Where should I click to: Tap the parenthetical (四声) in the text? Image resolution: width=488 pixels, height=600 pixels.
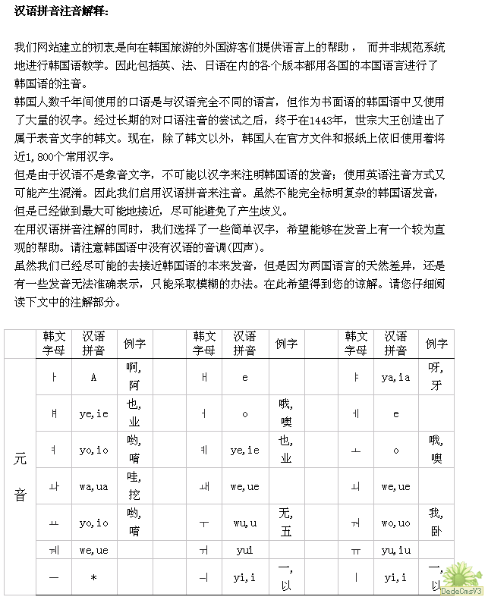tap(247, 248)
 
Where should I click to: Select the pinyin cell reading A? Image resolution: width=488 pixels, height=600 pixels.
tap(93, 377)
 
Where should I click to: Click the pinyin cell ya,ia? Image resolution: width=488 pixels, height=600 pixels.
tap(395, 377)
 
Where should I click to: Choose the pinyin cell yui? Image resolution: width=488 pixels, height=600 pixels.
tap(244, 550)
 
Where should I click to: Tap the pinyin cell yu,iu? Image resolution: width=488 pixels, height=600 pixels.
tap(395, 550)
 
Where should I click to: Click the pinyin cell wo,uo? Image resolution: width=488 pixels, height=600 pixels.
tap(395, 523)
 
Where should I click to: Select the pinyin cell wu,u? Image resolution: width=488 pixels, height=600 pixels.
tap(244, 523)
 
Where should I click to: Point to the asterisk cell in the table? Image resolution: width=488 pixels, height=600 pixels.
tap(93, 577)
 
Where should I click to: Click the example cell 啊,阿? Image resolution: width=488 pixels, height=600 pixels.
tap(134, 377)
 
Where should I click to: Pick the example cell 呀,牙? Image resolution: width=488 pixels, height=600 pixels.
tap(435, 377)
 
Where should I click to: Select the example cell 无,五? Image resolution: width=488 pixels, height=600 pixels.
tap(285, 523)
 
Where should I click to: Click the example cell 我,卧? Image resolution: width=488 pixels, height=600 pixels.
tap(435, 523)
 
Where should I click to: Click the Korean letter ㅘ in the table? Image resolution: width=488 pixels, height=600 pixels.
tap(54, 486)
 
